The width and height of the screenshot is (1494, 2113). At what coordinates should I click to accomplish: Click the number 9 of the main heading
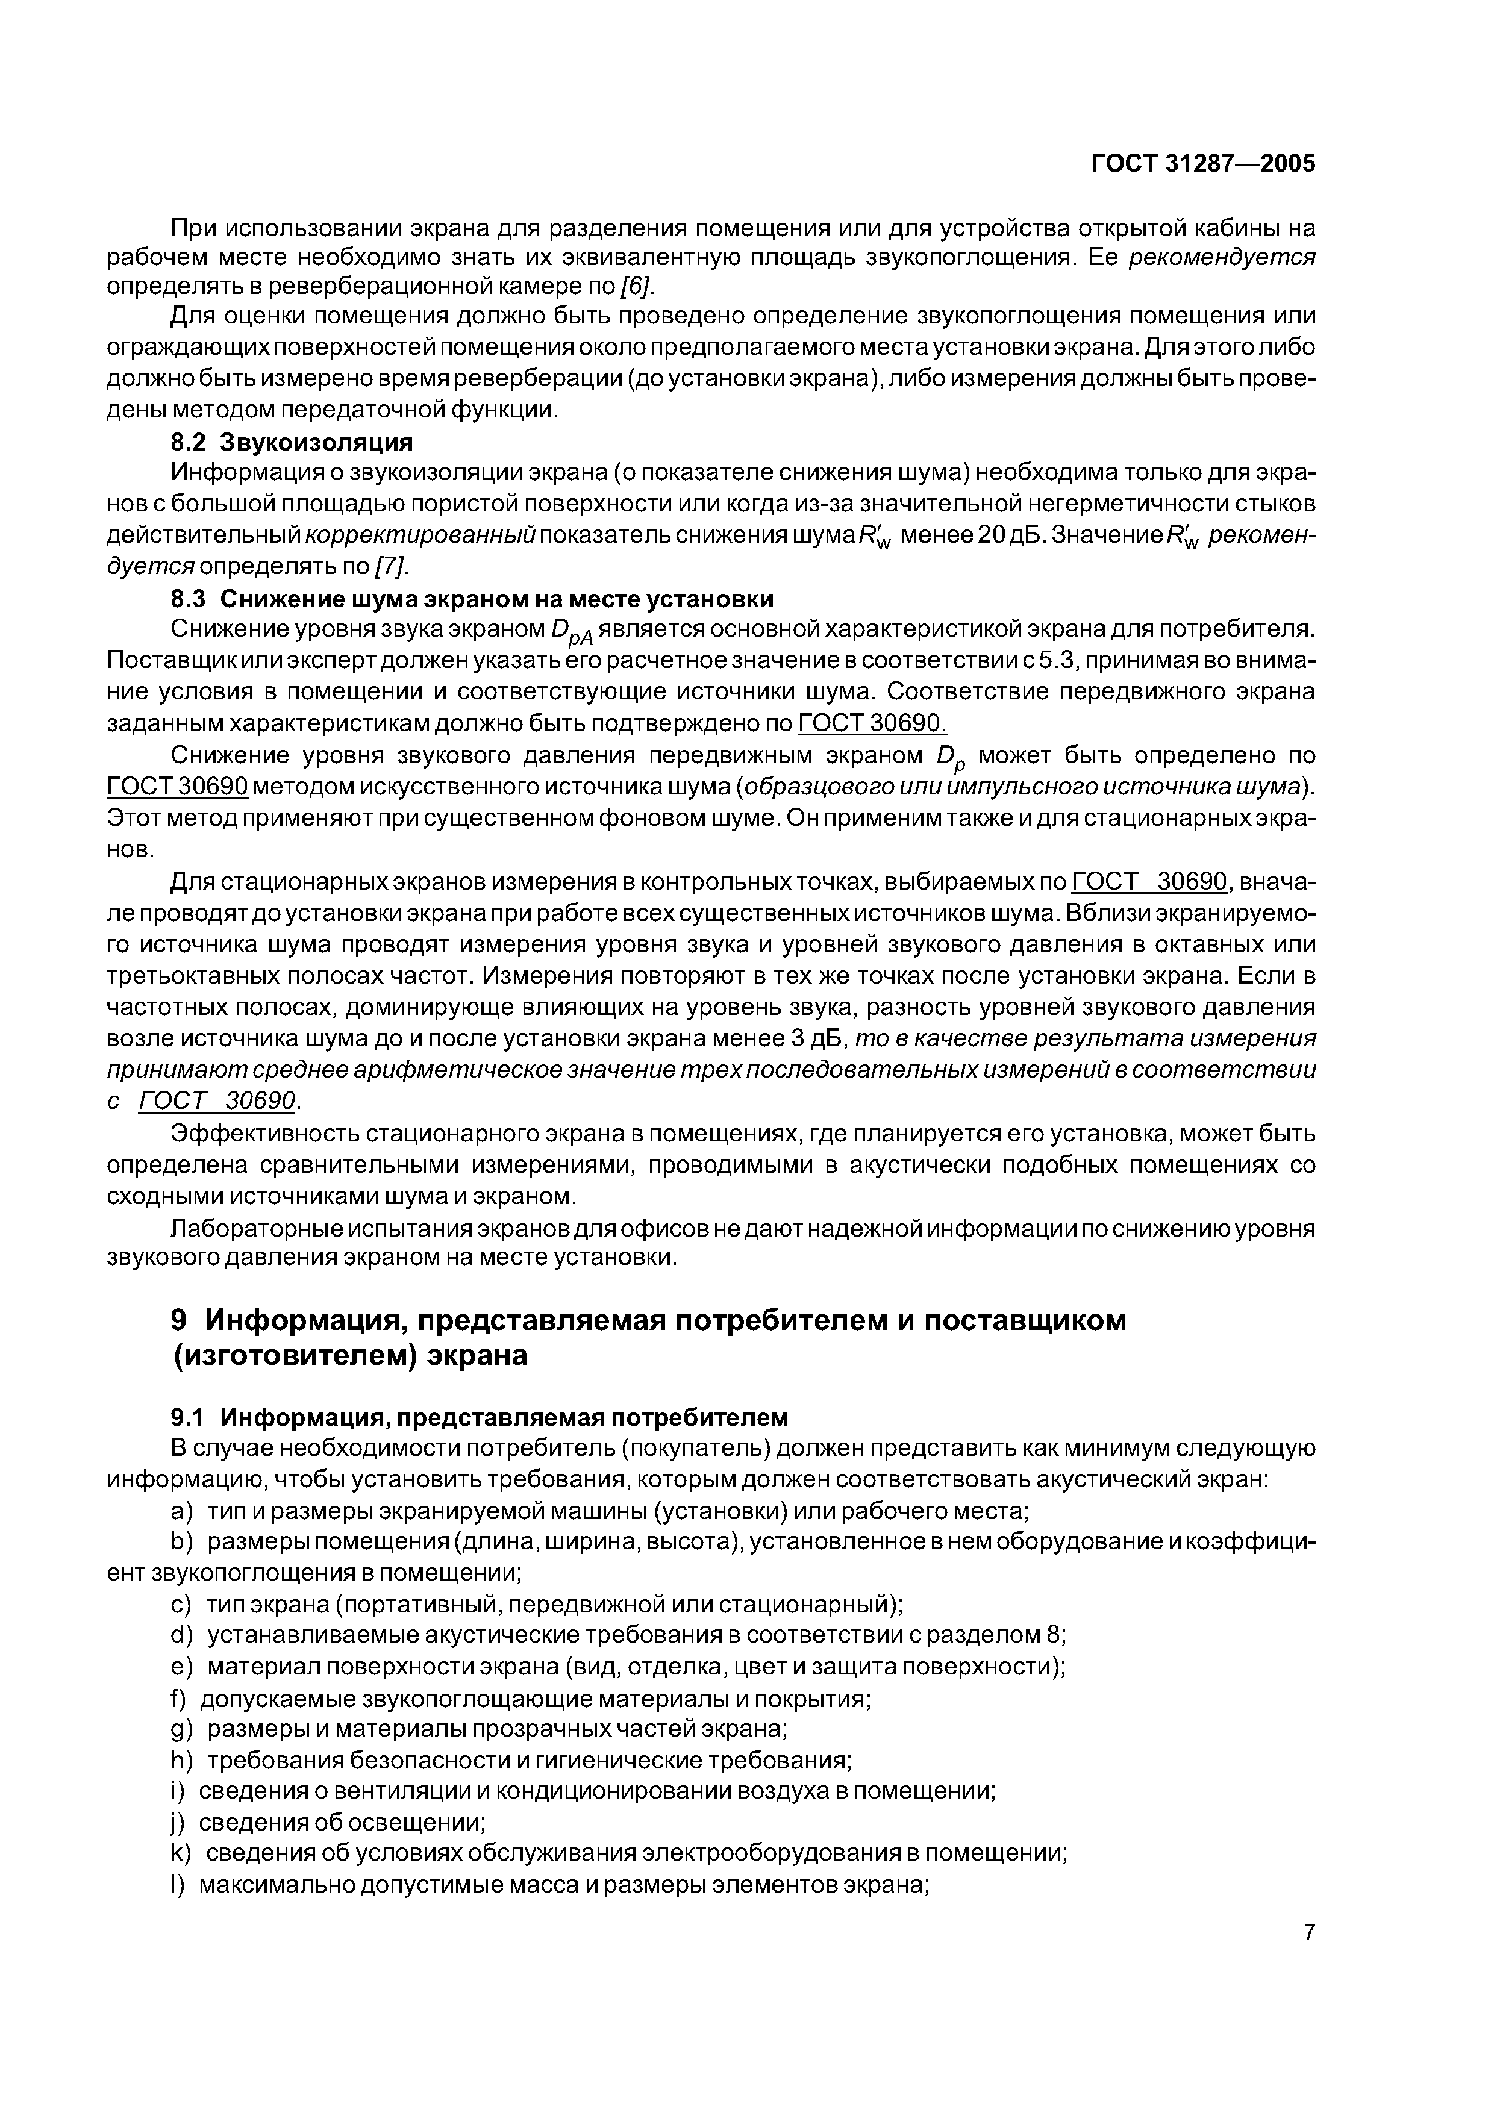180,1320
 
